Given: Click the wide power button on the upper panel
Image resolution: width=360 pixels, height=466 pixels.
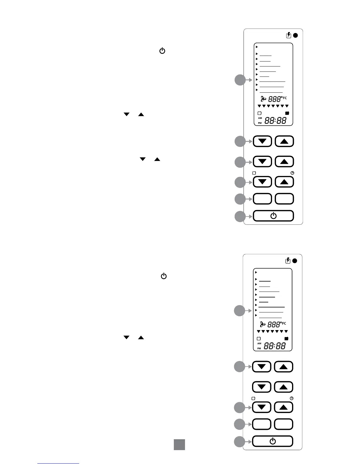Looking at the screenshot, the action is point(273,216).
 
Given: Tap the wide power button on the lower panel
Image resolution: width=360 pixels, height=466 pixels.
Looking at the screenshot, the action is point(273,441).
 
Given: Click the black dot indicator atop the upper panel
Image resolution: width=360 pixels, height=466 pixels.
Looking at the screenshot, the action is point(296,35).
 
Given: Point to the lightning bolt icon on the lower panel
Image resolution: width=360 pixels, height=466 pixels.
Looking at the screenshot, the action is point(288,261).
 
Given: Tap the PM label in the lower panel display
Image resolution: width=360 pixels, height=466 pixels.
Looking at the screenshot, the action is point(259,348).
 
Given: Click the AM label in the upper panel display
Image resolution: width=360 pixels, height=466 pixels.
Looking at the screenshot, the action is point(260,118).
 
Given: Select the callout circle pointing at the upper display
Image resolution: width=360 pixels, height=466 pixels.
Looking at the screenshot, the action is point(240,80).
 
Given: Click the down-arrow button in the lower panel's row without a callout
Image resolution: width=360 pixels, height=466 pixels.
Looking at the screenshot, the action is point(262,387).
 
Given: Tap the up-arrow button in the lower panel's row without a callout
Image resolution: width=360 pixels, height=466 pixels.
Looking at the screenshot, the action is point(284,387).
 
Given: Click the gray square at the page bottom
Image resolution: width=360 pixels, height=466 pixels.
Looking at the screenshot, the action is point(179,445).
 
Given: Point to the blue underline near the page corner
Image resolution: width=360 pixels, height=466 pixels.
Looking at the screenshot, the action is point(58,463).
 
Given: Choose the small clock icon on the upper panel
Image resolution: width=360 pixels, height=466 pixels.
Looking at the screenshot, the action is point(292,173).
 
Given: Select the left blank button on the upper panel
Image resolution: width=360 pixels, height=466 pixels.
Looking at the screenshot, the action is point(262,199).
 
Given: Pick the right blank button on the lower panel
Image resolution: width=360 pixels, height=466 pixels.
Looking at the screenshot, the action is point(284,424).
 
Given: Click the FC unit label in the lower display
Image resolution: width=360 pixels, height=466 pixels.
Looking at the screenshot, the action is point(284,323).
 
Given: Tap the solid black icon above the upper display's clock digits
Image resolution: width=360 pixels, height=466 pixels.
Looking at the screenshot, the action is point(287,113).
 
